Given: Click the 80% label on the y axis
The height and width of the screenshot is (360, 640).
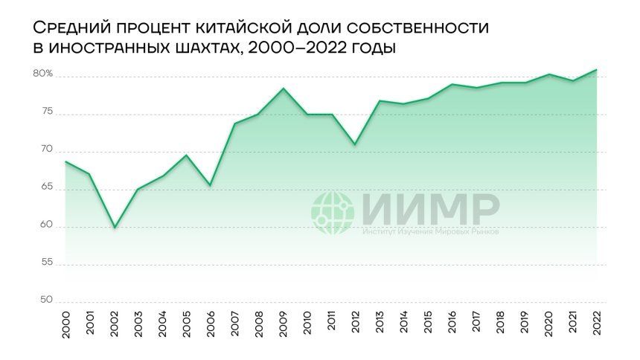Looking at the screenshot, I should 42,74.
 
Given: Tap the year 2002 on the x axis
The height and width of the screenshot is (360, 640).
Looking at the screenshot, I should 114,325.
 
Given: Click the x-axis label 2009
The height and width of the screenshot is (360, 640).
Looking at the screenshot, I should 284,325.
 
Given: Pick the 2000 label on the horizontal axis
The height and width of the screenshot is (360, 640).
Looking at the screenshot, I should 65,325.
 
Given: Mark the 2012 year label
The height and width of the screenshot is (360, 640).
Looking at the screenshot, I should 356,325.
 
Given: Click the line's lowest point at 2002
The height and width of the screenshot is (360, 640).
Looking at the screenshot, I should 114,227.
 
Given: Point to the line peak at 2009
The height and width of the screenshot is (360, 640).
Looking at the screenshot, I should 284,89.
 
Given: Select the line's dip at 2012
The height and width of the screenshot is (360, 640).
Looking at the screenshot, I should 356,144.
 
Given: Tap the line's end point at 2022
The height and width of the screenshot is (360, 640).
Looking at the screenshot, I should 597,70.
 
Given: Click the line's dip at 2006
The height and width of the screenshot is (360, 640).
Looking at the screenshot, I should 211,185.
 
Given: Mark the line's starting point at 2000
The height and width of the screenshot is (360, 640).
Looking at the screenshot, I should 65,161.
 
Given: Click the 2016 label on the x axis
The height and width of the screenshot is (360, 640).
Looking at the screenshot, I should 452,325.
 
